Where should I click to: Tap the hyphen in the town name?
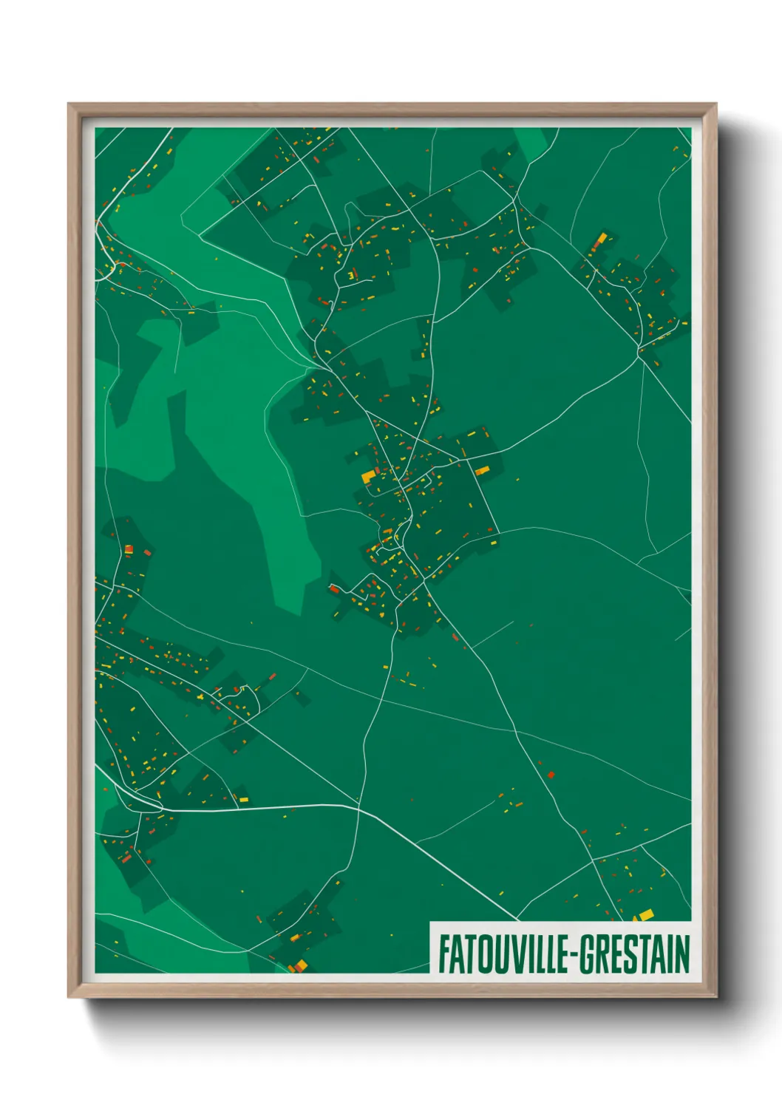click(572, 955)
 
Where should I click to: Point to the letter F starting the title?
click(443, 954)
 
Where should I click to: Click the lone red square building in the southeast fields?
click(551, 775)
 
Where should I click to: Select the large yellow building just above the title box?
click(645, 915)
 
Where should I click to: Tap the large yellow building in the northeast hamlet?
click(602, 238)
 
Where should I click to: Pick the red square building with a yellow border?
click(129, 549)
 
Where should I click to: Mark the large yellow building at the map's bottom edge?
click(299, 965)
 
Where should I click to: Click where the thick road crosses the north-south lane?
click(359, 807)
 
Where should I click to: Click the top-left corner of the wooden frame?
click(69, 104)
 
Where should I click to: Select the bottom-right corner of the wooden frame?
click(716, 997)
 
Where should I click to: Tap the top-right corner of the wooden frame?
click(716, 104)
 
